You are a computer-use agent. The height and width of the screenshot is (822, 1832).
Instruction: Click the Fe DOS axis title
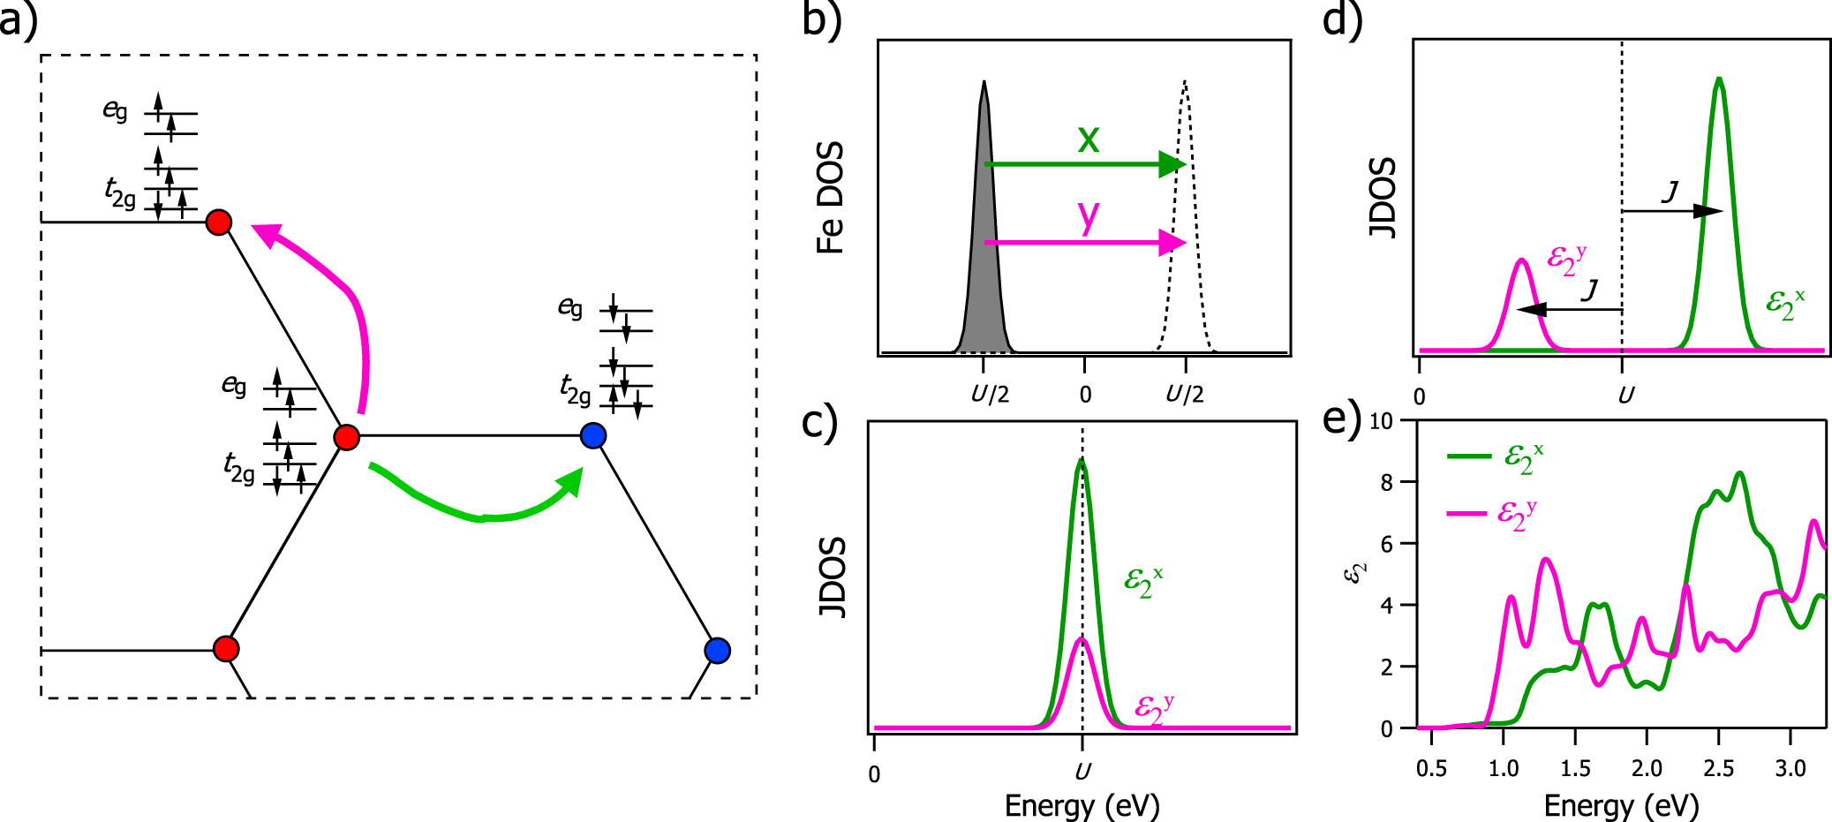coord(831,198)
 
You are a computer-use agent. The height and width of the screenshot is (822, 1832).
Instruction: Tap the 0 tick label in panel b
coord(1085,395)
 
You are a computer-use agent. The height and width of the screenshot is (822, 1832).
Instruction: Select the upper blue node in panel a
coord(593,435)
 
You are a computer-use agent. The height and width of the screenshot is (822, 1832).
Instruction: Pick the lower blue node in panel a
coord(718,651)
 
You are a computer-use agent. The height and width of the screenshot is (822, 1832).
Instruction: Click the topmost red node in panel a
coord(219,222)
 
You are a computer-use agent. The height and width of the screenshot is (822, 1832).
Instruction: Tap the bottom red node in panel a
coord(227,649)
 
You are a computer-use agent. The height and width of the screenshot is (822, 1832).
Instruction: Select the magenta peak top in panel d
coord(1521,261)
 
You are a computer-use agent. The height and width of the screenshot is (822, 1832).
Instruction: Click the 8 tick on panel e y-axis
coord(1386,482)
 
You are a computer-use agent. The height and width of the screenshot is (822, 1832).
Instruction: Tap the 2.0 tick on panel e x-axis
coord(1647,768)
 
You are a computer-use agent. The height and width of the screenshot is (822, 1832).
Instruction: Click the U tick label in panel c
coord(1082,773)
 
